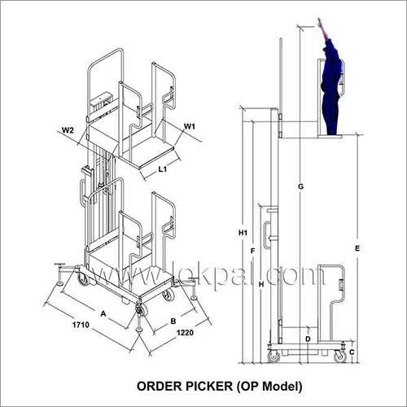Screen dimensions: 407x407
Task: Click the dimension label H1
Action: coord(243,234)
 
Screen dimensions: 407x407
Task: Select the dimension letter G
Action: coord(300,187)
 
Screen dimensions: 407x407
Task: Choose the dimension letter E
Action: coord(358,247)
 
